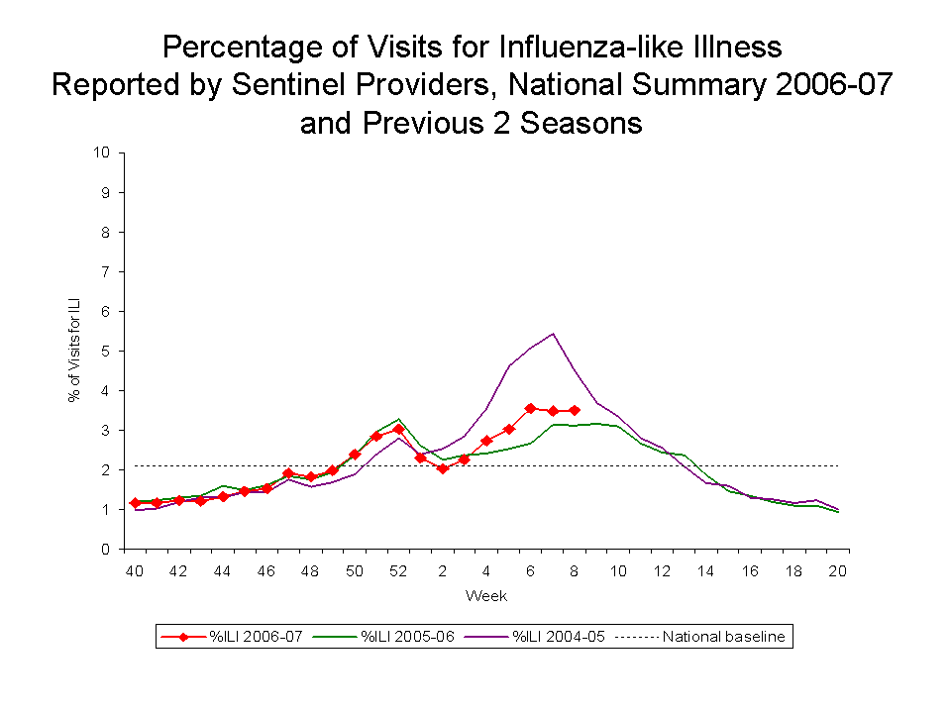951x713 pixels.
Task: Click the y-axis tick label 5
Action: point(106,351)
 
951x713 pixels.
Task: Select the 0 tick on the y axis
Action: point(106,549)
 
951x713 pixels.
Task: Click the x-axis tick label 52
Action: point(398,571)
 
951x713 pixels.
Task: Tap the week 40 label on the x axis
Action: point(134,571)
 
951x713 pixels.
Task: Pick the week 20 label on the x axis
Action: point(838,571)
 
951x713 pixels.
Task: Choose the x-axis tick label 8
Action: point(575,571)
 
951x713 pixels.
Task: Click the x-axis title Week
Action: point(486,596)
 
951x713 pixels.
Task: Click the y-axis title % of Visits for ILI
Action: point(74,351)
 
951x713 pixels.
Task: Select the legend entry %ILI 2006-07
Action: point(248,638)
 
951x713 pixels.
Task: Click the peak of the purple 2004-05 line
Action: point(552,334)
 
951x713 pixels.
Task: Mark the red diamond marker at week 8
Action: point(575,410)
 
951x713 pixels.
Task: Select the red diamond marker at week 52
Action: point(398,430)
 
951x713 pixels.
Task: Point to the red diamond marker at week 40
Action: point(135,503)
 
